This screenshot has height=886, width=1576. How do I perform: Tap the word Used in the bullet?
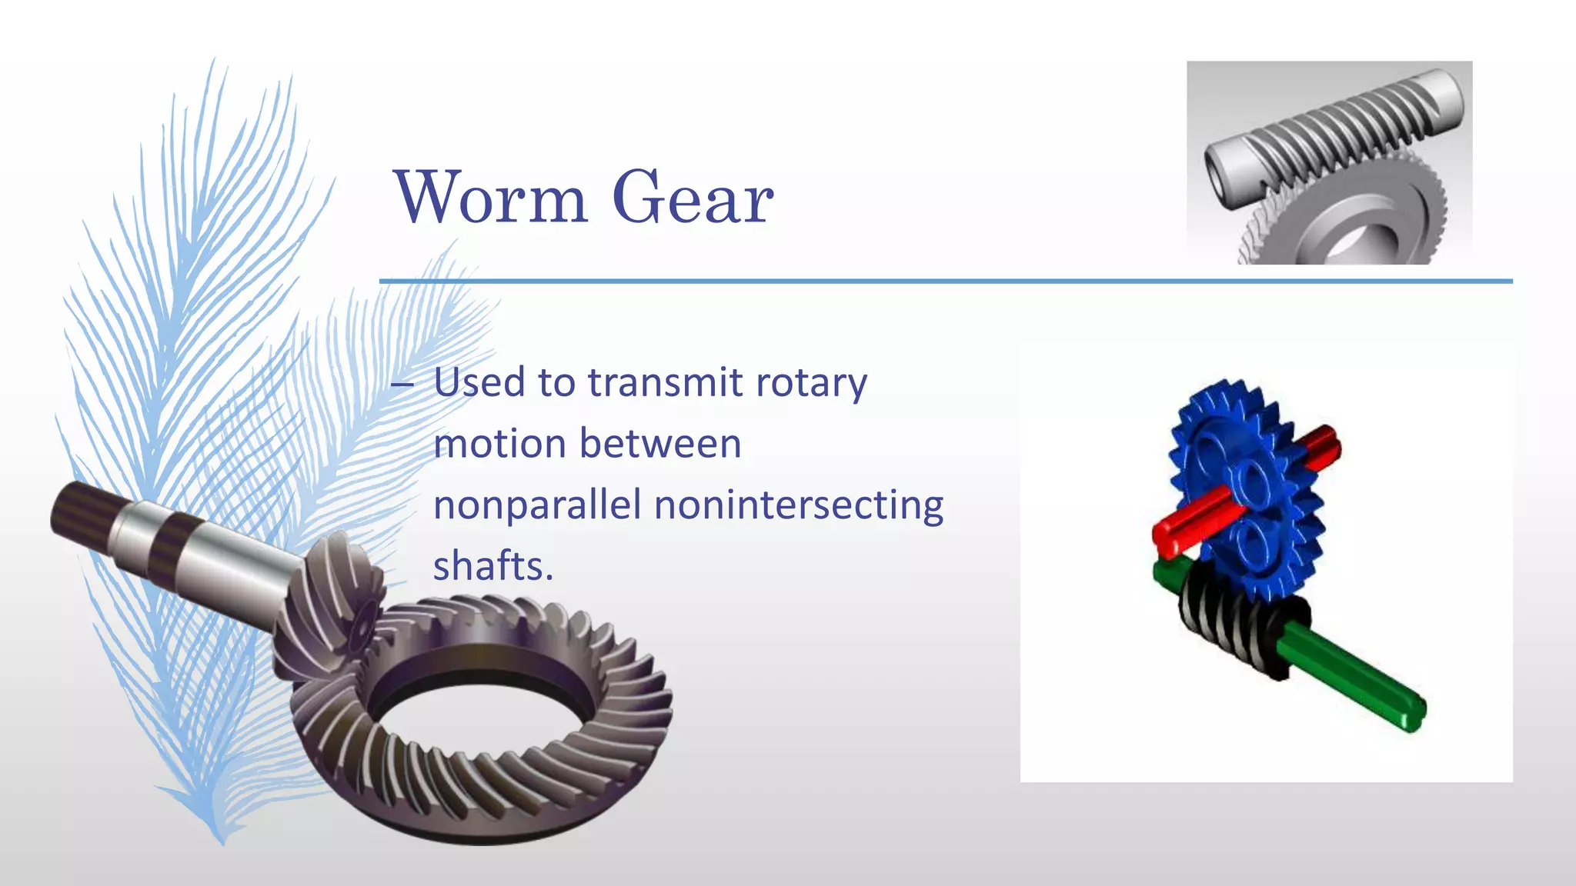click(x=479, y=382)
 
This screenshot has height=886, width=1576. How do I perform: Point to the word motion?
click(x=499, y=444)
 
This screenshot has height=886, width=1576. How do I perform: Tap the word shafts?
click(x=492, y=566)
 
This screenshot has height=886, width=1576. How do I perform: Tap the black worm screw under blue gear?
click(x=1239, y=627)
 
